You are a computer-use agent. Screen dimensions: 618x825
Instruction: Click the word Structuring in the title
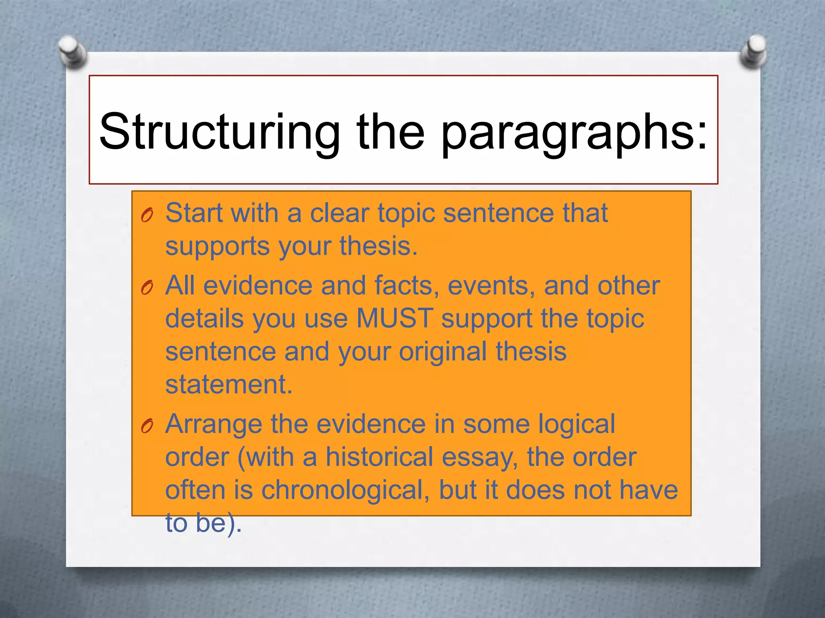(220, 133)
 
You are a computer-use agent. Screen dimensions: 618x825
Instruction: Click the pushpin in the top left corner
(73, 51)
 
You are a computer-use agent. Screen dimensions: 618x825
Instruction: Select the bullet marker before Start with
(147, 216)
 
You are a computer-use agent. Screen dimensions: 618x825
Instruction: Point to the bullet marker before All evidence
(147, 288)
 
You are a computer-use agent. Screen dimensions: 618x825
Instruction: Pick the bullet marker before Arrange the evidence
(147, 426)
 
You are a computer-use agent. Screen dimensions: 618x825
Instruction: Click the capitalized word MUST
(394, 318)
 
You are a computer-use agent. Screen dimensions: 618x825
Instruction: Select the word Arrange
(214, 425)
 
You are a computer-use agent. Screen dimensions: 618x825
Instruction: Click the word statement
(228, 384)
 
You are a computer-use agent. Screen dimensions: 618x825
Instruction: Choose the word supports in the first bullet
(217, 246)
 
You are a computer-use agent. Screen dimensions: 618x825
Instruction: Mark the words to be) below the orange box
(203, 523)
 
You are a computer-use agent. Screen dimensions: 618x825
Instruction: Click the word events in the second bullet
(491, 286)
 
